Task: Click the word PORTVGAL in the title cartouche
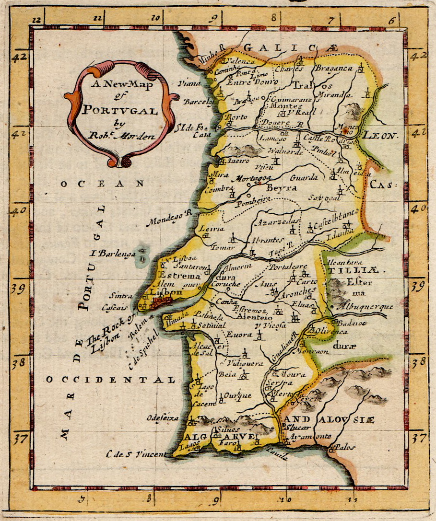119,111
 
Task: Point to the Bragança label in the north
334,68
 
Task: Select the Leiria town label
212,229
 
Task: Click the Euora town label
236,335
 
